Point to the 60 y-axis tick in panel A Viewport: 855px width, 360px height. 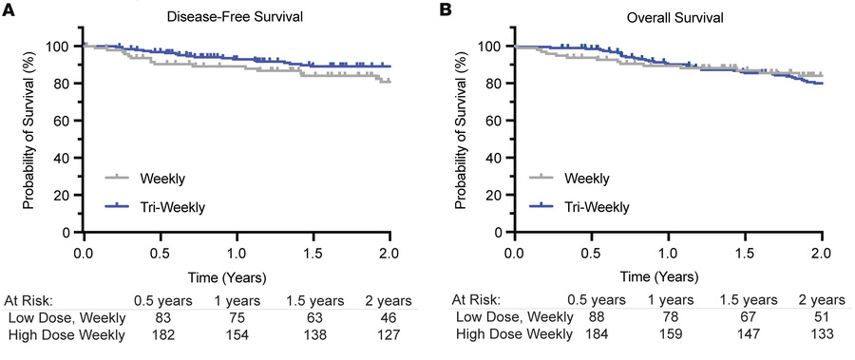(65, 121)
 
